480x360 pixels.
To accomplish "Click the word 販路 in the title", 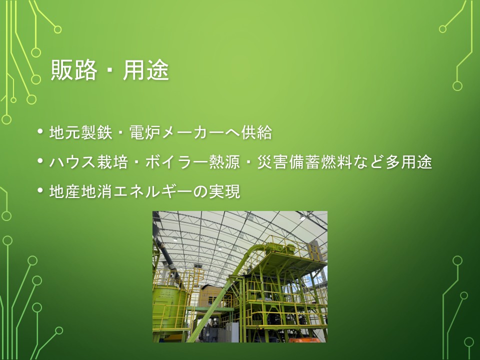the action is tap(74, 70).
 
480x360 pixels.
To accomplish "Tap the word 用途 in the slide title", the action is tap(145, 70).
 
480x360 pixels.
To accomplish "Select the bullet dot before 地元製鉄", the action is tap(40, 131).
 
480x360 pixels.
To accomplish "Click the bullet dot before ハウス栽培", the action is tap(40, 161).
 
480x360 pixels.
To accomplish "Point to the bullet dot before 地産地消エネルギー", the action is tap(40, 190).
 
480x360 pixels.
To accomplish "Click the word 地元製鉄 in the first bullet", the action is tap(81, 132).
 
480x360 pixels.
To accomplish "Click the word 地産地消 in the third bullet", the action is tap(81, 191).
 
